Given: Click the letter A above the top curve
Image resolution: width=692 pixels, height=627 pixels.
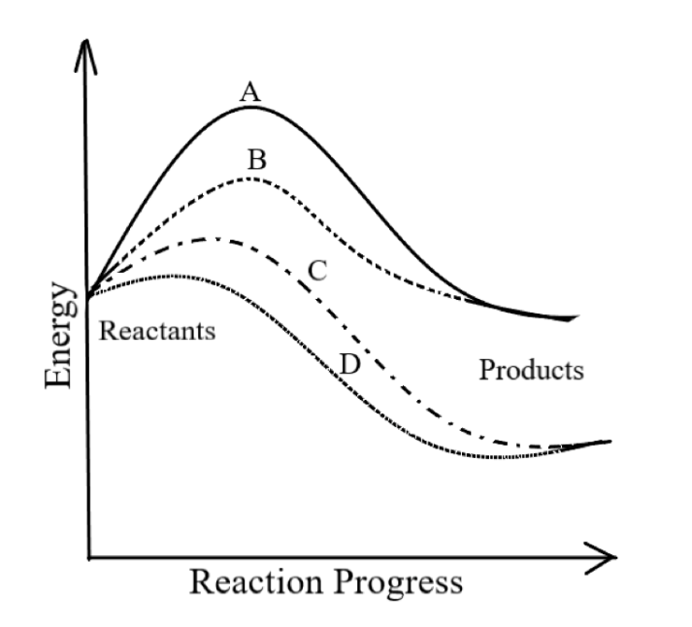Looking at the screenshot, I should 250,92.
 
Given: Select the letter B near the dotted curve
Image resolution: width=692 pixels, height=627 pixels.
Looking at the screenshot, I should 256,160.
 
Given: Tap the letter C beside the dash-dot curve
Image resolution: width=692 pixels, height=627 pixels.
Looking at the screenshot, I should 317,271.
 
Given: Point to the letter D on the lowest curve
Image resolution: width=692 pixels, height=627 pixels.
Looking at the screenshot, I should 349,365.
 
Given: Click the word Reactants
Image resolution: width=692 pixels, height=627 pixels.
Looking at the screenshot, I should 157,331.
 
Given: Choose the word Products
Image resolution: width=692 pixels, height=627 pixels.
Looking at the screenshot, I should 532,370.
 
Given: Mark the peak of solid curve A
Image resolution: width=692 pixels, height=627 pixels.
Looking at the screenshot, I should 250,107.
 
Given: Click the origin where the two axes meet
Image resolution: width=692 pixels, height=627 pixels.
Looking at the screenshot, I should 88,558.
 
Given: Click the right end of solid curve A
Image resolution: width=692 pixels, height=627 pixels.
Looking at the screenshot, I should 577,317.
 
